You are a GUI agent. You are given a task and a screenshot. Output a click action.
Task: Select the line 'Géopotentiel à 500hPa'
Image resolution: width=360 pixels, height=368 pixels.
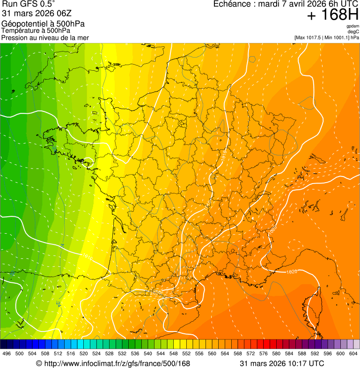43,24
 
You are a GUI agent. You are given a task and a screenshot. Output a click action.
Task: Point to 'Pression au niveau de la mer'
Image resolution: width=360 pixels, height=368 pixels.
45,37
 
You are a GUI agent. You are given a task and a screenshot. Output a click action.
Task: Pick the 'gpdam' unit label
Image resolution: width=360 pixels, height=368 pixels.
353,26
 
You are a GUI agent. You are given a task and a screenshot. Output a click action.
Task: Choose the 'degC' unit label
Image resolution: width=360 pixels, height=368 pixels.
353,31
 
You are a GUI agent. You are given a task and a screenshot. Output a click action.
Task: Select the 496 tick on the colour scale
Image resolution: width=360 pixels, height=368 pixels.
7,353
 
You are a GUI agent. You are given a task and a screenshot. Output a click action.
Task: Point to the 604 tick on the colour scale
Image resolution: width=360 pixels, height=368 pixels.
353,353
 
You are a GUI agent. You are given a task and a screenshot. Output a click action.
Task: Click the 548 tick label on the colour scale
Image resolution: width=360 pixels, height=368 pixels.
173,353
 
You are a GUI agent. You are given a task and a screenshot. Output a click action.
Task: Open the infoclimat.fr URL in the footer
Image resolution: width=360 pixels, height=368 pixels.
113,363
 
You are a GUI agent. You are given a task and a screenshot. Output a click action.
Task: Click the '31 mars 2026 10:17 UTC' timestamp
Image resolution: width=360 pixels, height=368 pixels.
281,363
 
